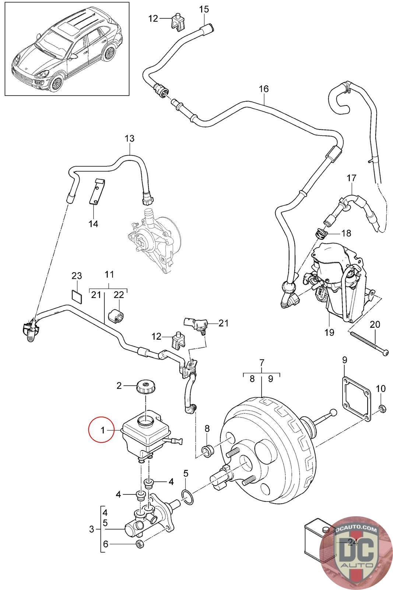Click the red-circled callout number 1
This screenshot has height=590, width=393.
coord(103,430)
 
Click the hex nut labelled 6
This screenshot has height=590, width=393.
coord(140,544)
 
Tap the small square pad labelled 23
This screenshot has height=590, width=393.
coord(77,296)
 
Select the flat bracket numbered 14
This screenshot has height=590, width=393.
coord(95,192)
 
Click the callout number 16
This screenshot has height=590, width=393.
coord(264,89)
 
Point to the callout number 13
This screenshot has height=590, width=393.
coord(130,139)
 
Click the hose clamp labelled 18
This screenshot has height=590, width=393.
coord(320,233)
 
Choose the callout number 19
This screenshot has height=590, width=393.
coord(329,332)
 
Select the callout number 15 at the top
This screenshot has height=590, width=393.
coord(204,9)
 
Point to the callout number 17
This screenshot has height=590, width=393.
coord(351,178)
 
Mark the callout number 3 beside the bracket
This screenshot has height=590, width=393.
coord(92,530)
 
